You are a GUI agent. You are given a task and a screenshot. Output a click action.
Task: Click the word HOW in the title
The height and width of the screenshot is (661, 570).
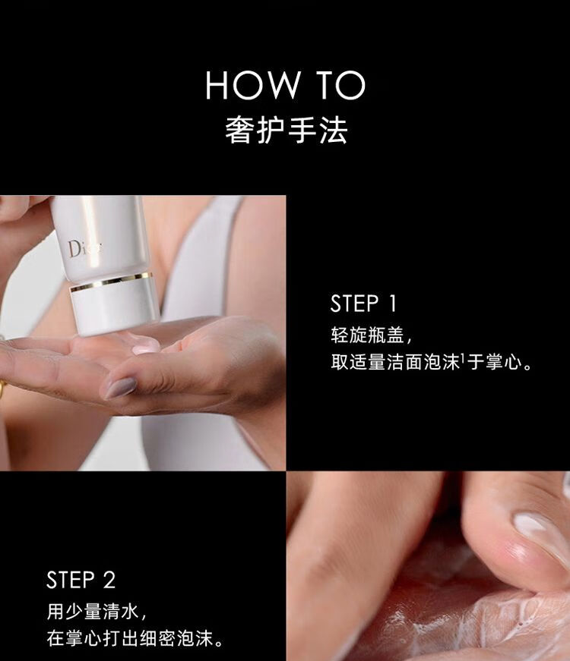(252, 85)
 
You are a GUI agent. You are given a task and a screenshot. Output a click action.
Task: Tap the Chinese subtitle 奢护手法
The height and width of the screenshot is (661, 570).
(286, 130)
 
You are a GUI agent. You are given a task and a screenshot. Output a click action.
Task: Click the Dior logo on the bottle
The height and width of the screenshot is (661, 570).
(84, 248)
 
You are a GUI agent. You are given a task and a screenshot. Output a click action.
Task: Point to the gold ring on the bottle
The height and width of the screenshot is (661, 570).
(111, 282)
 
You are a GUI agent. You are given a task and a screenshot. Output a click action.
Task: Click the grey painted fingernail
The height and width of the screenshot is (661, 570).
(120, 388)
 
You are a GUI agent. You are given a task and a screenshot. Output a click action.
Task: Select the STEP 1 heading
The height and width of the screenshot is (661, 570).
(363, 304)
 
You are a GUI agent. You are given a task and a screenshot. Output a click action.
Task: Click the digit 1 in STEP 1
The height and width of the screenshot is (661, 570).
(393, 304)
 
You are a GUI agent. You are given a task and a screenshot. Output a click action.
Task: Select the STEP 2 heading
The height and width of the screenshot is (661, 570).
(81, 580)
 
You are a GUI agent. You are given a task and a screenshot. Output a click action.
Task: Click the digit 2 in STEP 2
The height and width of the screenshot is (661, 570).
(109, 580)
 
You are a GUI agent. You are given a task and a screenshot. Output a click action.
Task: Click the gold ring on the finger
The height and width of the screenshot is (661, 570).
(2, 390)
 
